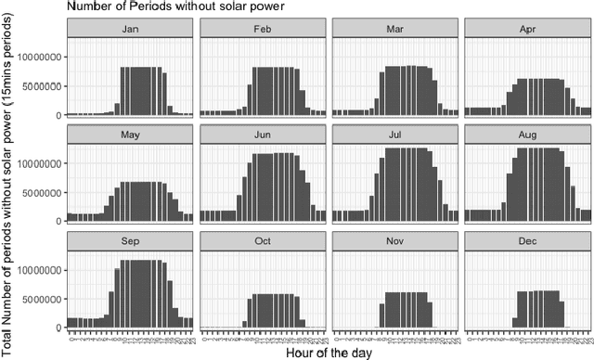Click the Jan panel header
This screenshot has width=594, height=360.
coord(129,30)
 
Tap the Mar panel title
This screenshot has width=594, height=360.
coord(394,30)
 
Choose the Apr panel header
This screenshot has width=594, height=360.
coord(527,30)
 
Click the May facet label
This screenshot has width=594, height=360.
coord(129,135)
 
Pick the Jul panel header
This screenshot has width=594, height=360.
coord(394,135)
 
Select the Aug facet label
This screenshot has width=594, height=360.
coord(527,135)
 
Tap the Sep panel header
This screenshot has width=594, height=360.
coord(129,241)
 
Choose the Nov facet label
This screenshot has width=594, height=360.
coord(394,241)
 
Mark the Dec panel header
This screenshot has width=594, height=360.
coord(527,241)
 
